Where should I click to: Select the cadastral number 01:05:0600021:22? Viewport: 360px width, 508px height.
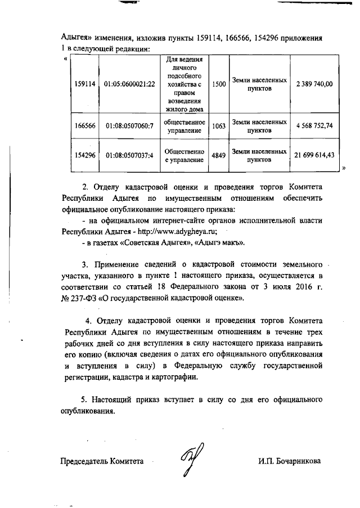point(129,84)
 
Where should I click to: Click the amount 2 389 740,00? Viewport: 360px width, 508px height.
point(314,84)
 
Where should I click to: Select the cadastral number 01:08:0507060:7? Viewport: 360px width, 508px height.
point(129,126)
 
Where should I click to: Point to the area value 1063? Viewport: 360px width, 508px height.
point(219,126)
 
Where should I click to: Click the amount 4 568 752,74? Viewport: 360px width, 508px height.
point(314,126)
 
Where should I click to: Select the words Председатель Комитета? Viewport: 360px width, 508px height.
point(102,461)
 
